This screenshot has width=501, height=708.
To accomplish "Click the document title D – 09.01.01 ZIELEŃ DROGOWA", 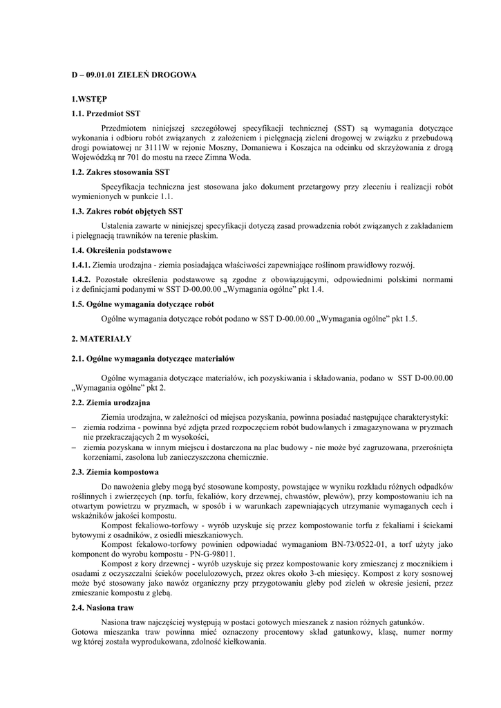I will [x=134, y=74].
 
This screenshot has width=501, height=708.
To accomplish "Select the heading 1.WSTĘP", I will [x=89, y=100].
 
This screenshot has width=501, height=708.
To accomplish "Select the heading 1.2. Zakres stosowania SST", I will [x=120, y=171].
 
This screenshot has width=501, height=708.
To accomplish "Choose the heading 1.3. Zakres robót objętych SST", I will [x=128, y=211].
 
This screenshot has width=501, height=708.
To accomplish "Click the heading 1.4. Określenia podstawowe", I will [x=122, y=250].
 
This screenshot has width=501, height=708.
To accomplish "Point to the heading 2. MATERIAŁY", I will [x=101, y=339].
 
